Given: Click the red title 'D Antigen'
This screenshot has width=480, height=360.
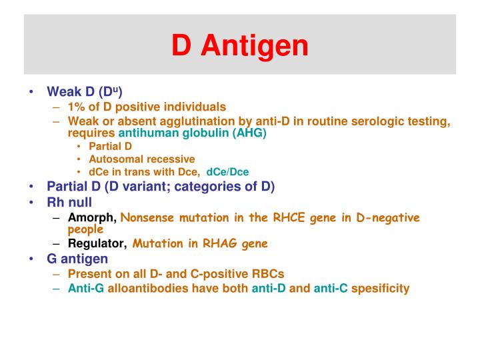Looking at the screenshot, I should [240, 45].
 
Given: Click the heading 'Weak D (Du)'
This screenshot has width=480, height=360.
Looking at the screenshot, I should [84, 91].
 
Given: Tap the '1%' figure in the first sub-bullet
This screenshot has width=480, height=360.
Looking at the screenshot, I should [77, 107].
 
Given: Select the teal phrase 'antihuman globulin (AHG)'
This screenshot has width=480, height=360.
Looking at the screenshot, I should [192, 133].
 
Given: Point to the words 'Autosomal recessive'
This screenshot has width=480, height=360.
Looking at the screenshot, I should [141, 159].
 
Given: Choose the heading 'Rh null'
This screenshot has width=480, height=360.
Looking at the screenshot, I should [69, 202].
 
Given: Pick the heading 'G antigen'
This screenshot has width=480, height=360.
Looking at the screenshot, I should [77, 259].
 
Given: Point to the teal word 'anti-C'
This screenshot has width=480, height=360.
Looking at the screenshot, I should [331, 288].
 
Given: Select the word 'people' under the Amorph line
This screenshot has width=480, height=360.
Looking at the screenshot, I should [85, 229].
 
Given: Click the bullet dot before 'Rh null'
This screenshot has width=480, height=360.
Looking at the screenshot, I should [33, 202].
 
